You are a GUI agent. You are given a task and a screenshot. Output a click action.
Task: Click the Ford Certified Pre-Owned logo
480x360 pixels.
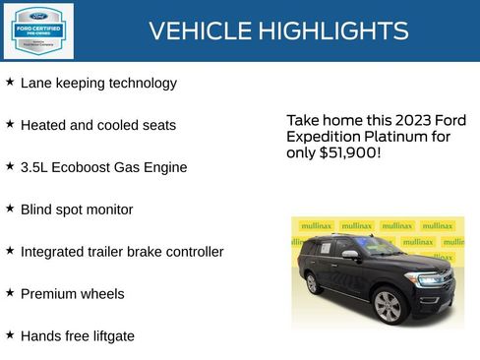pyautogui.click(x=37, y=30)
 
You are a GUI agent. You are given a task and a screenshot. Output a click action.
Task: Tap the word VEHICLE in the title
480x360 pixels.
pyautogui.click(x=199, y=31)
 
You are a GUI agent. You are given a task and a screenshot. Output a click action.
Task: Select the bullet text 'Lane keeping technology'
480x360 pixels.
pyautogui.click(x=98, y=84)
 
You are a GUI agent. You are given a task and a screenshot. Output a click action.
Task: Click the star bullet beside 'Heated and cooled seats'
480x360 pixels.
pyautogui.click(x=10, y=125)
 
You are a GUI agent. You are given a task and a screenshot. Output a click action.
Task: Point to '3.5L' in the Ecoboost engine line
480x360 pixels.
pyautogui.click(x=34, y=167)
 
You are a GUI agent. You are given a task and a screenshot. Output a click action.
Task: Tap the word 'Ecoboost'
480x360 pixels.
pyautogui.click(x=82, y=167)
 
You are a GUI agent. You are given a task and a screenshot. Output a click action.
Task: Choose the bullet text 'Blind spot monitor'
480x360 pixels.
pyautogui.click(x=77, y=210)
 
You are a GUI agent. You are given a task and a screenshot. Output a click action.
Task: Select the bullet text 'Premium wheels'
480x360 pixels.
pyautogui.click(x=73, y=294)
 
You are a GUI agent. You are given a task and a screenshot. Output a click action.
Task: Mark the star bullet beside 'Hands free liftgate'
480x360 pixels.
pyautogui.click(x=10, y=335)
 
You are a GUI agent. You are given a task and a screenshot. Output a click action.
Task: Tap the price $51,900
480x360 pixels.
pyautogui.click(x=346, y=154)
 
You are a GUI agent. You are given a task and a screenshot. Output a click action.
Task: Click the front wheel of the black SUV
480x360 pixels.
pyautogui.click(x=388, y=306)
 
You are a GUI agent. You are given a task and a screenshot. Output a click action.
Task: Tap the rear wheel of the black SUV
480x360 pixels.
pyautogui.click(x=313, y=283)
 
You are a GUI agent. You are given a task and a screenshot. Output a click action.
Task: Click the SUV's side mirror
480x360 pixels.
pyautogui.click(x=350, y=255)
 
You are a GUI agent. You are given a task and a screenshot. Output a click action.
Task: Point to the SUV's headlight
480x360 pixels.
pyautogui.click(x=430, y=280)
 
